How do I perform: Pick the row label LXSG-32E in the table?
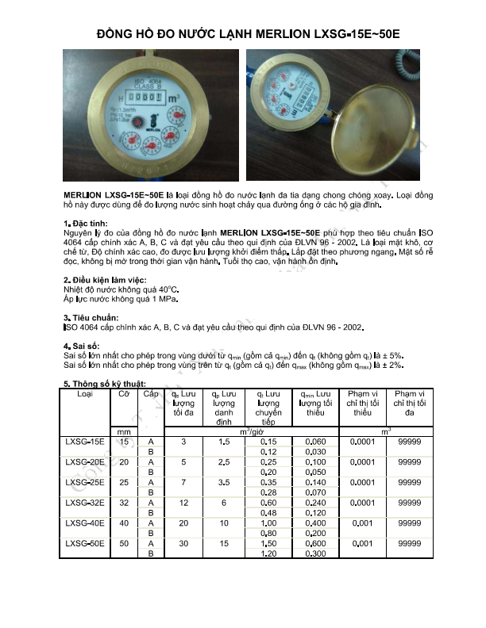pos(85,502)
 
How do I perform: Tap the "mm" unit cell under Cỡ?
pos(123,431)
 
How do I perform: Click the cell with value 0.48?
pos(268,512)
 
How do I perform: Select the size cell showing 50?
pos(123,543)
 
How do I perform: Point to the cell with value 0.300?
pos(315,553)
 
